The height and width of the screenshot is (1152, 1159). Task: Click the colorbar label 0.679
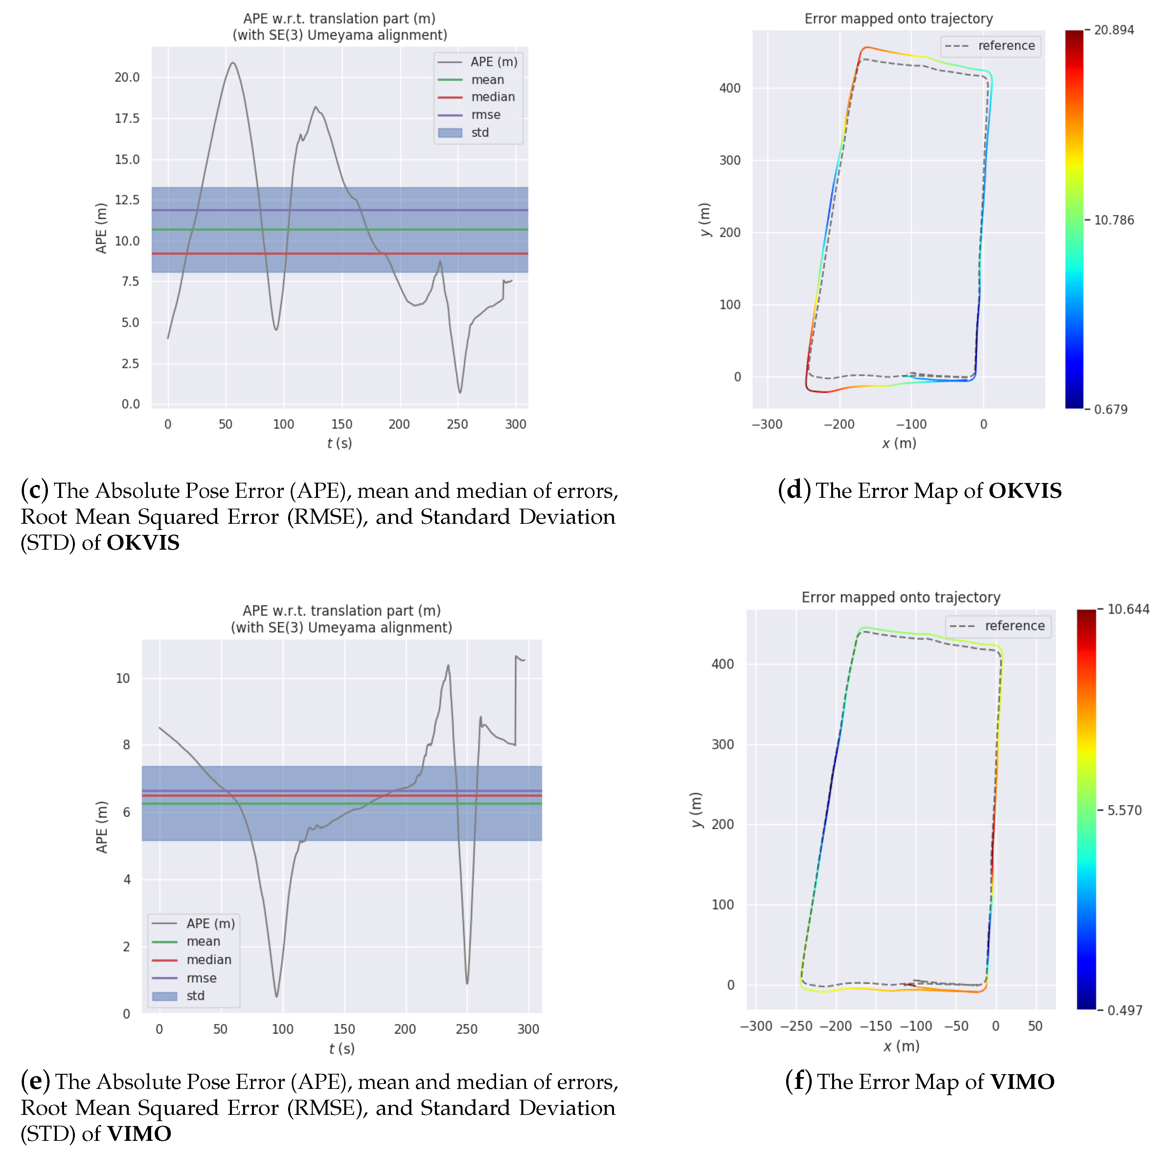click(x=1110, y=409)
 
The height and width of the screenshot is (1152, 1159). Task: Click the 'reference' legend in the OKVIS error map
click(x=1006, y=46)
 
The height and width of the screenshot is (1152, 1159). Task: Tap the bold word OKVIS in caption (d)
click(x=1025, y=491)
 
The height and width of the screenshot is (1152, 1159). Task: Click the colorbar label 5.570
click(x=1124, y=811)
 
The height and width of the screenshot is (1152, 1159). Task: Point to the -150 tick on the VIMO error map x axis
click(x=875, y=1026)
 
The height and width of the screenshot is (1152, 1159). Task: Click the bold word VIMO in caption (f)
click(x=1022, y=1082)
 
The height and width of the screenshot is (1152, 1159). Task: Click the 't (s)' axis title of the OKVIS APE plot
click(x=340, y=443)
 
